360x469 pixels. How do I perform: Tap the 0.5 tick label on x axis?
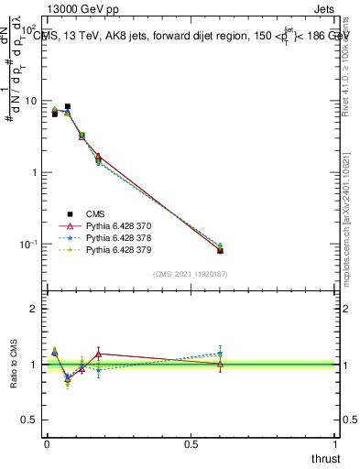click(x=191, y=445)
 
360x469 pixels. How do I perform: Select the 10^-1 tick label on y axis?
click(x=27, y=245)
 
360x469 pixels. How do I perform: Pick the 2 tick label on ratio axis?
click(x=34, y=309)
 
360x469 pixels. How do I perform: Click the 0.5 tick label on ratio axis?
click(x=30, y=420)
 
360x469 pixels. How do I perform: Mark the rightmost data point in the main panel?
click(x=220, y=250)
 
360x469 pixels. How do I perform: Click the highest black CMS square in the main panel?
click(x=68, y=106)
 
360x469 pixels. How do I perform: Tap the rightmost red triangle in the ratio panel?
click(x=220, y=364)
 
